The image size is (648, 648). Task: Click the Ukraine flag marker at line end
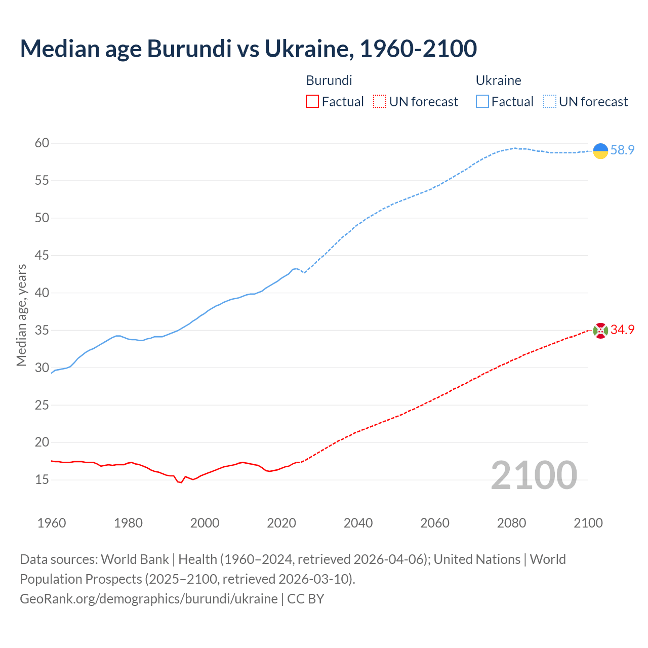[600, 151]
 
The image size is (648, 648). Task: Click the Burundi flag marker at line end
[600, 331]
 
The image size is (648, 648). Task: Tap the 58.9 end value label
[622, 150]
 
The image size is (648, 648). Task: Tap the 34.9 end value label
[622, 330]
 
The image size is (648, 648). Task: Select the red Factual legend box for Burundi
[312, 102]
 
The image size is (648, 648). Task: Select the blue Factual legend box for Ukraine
[482, 102]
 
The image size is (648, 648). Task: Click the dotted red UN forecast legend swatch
[380, 102]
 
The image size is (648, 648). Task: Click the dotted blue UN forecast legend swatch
[549, 102]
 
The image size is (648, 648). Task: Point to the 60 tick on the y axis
[42, 143]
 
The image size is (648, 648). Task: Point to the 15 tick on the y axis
[42, 479]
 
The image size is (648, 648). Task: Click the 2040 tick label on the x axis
[358, 523]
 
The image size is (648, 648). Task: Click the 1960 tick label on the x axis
[52, 523]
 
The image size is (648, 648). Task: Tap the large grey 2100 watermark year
[534, 475]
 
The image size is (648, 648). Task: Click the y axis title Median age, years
[21, 315]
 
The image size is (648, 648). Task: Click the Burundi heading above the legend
[329, 80]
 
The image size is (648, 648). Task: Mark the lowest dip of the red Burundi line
[181, 482]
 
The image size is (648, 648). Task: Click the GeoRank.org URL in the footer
[149, 599]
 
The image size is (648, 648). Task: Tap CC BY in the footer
[306, 599]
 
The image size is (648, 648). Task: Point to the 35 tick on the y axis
[42, 331]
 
